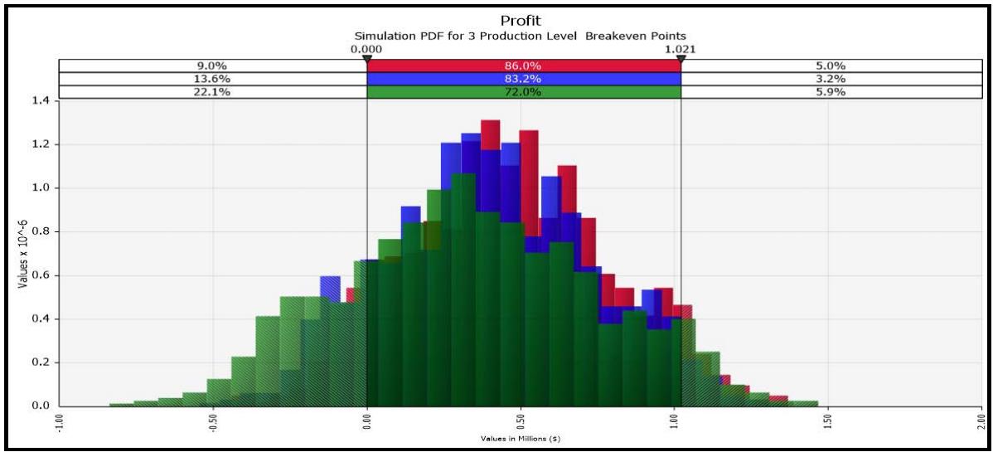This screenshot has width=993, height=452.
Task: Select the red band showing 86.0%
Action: (523, 66)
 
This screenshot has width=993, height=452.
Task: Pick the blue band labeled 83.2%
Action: (523, 79)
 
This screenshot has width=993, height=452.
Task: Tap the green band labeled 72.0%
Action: (523, 92)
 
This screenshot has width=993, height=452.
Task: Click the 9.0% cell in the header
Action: (212, 66)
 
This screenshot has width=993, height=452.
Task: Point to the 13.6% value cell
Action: (212, 79)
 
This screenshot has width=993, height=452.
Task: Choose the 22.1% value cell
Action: (212, 92)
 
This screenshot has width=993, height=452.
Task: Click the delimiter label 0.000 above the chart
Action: (366, 49)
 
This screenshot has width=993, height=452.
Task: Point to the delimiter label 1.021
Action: (680, 49)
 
